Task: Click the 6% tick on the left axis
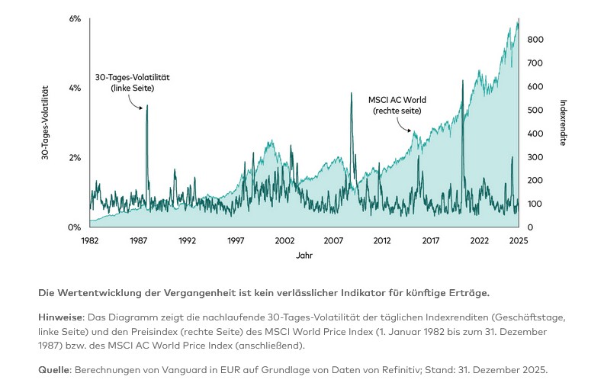click(75, 18)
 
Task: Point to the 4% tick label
click(75, 89)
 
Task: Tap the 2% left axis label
click(75, 158)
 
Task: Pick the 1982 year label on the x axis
click(89, 240)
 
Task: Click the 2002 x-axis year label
click(284, 240)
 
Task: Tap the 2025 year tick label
click(519, 240)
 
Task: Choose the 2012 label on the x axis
click(382, 240)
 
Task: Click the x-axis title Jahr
click(304, 256)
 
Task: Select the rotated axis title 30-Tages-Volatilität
click(45, 123)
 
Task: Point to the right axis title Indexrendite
click(563, 123)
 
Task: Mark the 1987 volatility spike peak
click(147, 105)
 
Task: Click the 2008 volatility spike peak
click(351, 93)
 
